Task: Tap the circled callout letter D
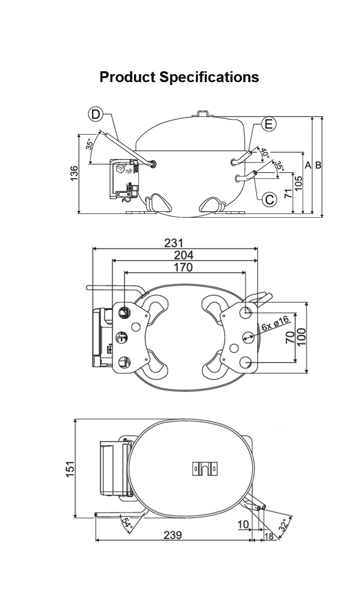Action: [95, 115]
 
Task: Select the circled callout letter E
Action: [269, 124]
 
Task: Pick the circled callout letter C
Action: [270, 199]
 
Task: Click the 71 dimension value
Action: [288, 193]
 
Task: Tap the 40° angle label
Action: [265, 153]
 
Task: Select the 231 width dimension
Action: [174, 243]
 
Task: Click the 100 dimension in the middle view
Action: [302, 337]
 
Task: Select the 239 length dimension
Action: [173, 535]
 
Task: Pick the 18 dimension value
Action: [269, 536]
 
